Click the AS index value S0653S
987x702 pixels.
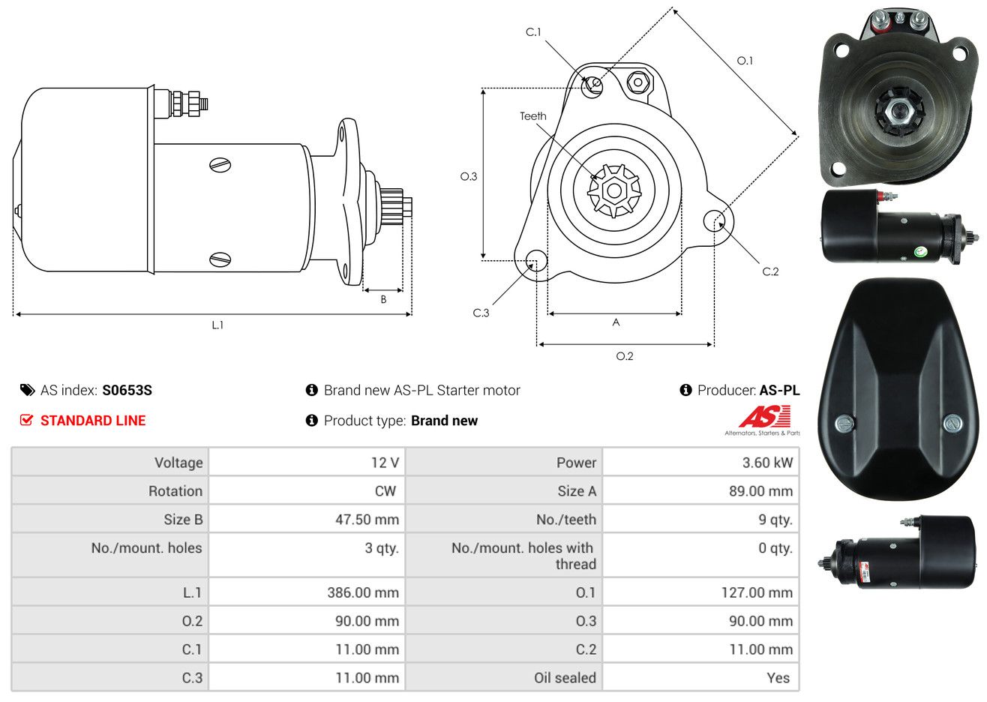(127, 391)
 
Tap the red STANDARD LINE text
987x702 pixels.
(93, 421)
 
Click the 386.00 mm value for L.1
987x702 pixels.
(363, 592)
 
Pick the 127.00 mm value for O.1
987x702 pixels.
(757, 592)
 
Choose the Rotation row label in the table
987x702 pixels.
(175, 491)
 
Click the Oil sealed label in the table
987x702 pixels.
(565, 678)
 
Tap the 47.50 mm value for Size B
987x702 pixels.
(367, 520)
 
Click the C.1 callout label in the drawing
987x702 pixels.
(533, 32)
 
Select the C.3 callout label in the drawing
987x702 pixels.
(481, 313)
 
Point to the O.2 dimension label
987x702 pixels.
(624, 356)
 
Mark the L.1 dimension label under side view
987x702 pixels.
(217, 325)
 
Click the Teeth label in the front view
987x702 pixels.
(532, 116)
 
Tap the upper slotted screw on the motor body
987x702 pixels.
(220, 165)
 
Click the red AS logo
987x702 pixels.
(764, 416)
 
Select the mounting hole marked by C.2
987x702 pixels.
(714, 220)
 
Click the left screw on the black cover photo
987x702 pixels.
(844, 424)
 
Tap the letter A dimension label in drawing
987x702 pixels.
(616, 322)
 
